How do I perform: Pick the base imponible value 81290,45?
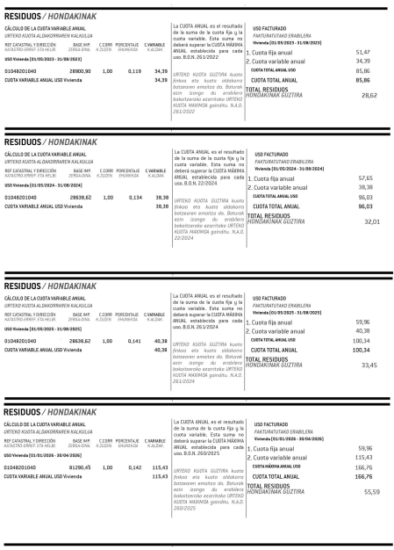81,467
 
